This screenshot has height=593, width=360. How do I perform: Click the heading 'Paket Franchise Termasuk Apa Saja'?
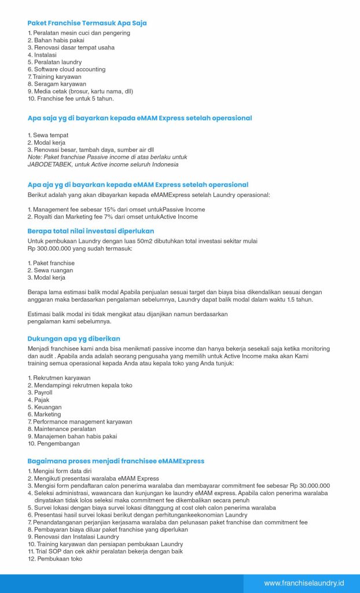click(x=87, y=23)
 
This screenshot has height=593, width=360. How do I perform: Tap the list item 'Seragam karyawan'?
click(x=58, y=84)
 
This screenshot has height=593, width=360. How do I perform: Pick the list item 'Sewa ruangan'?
click(x=54, y=270)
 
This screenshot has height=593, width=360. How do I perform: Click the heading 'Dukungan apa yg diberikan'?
click(x=74, y=338)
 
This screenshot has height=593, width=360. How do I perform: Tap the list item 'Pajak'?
click(x=41, y=400)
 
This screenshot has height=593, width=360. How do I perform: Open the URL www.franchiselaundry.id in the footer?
click(x=304, y=583)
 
